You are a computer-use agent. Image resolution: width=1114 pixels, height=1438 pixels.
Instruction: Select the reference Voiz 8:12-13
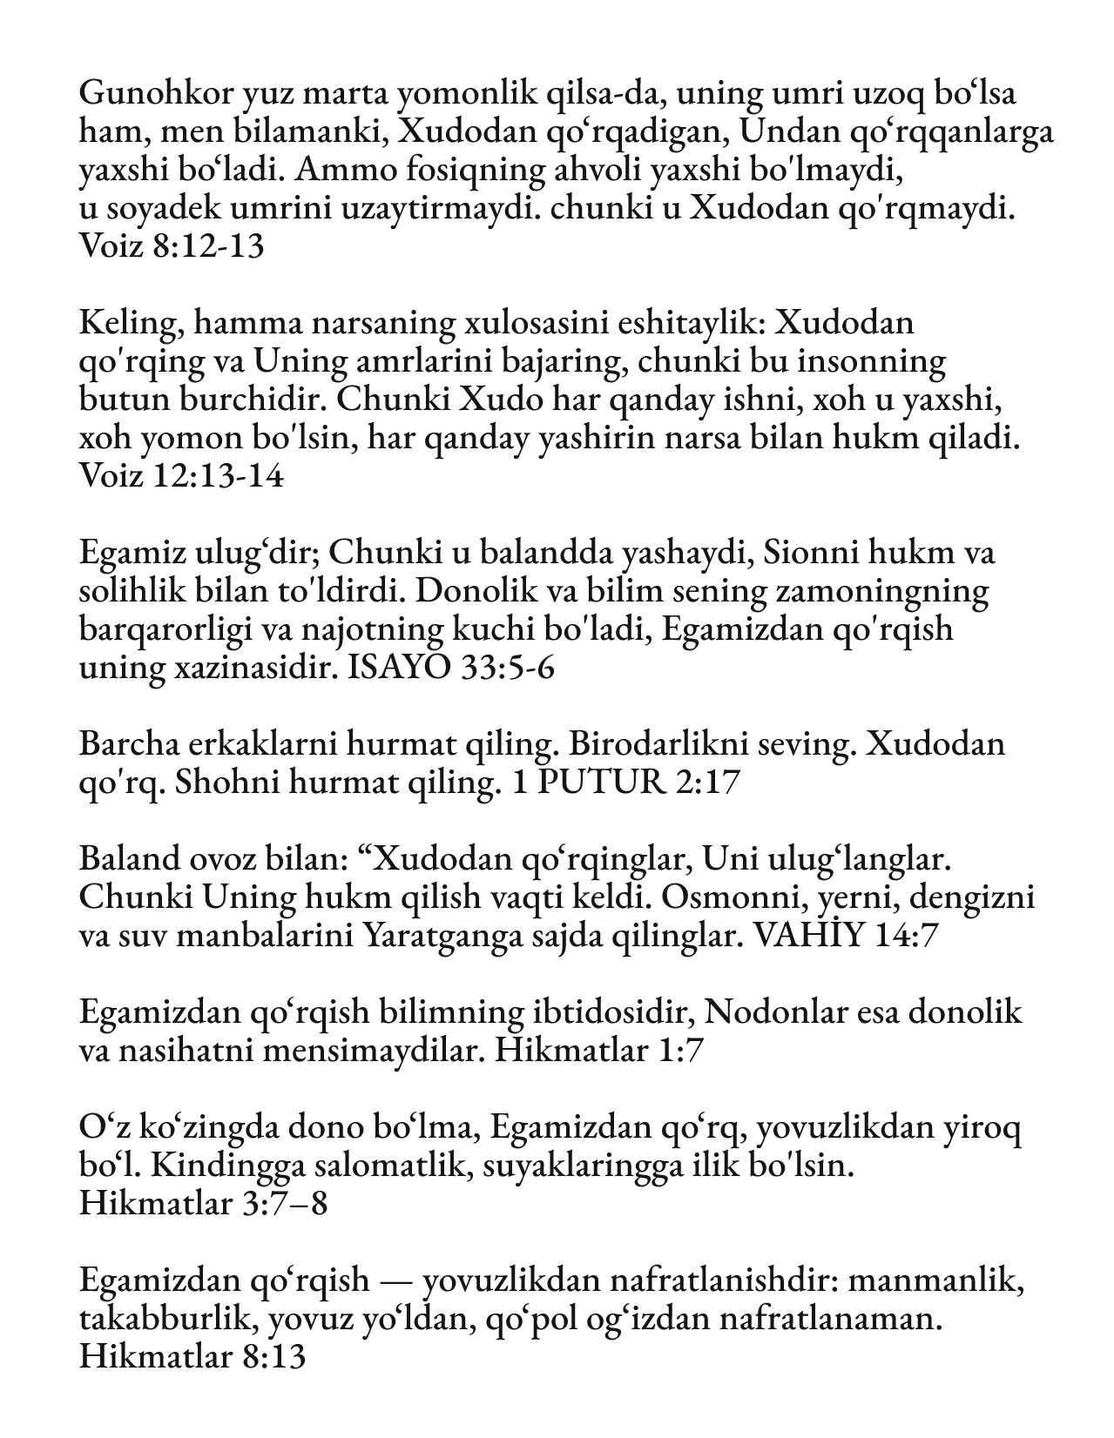171,247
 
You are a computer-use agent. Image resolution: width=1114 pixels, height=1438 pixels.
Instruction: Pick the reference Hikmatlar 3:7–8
202,1204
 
